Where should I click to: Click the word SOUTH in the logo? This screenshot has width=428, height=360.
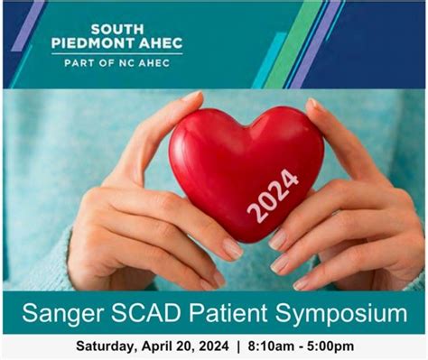point(117,28)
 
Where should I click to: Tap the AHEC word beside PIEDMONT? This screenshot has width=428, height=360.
point(161,42)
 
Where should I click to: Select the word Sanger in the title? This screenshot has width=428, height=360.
point(64,314)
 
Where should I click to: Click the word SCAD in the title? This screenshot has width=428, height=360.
point(155,314)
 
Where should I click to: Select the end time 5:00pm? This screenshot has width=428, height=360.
point(328,346)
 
